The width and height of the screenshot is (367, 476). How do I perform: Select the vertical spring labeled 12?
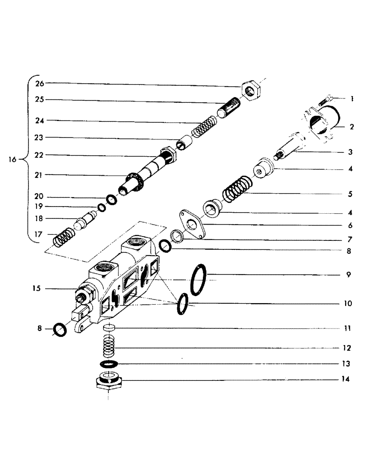pos(110,348)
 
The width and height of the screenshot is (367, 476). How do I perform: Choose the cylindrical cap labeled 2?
pos(321,123)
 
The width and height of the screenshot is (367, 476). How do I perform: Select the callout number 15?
pos(37,288)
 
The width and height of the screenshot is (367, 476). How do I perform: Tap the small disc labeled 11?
pos(110,329)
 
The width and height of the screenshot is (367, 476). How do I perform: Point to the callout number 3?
pos(349,152)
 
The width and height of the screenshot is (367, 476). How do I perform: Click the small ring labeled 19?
pos(102,207)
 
